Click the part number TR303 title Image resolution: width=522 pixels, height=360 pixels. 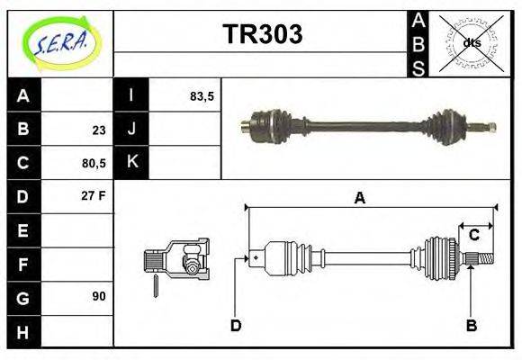[x=262, y=34]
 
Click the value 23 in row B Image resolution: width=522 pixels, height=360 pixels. [x=99, y=130]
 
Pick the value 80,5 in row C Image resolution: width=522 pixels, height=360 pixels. [x=94, y=163]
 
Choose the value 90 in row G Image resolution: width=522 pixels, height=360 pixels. [x=99, y=295]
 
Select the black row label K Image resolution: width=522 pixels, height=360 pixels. [x=131, y=163]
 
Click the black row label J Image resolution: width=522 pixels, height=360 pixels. [x=131, y=130]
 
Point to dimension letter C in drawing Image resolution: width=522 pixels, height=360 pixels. [x=473, y=236]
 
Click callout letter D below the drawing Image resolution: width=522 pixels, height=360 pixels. [x=236, y=325]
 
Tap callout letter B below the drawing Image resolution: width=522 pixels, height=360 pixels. [x=471, y=325]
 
